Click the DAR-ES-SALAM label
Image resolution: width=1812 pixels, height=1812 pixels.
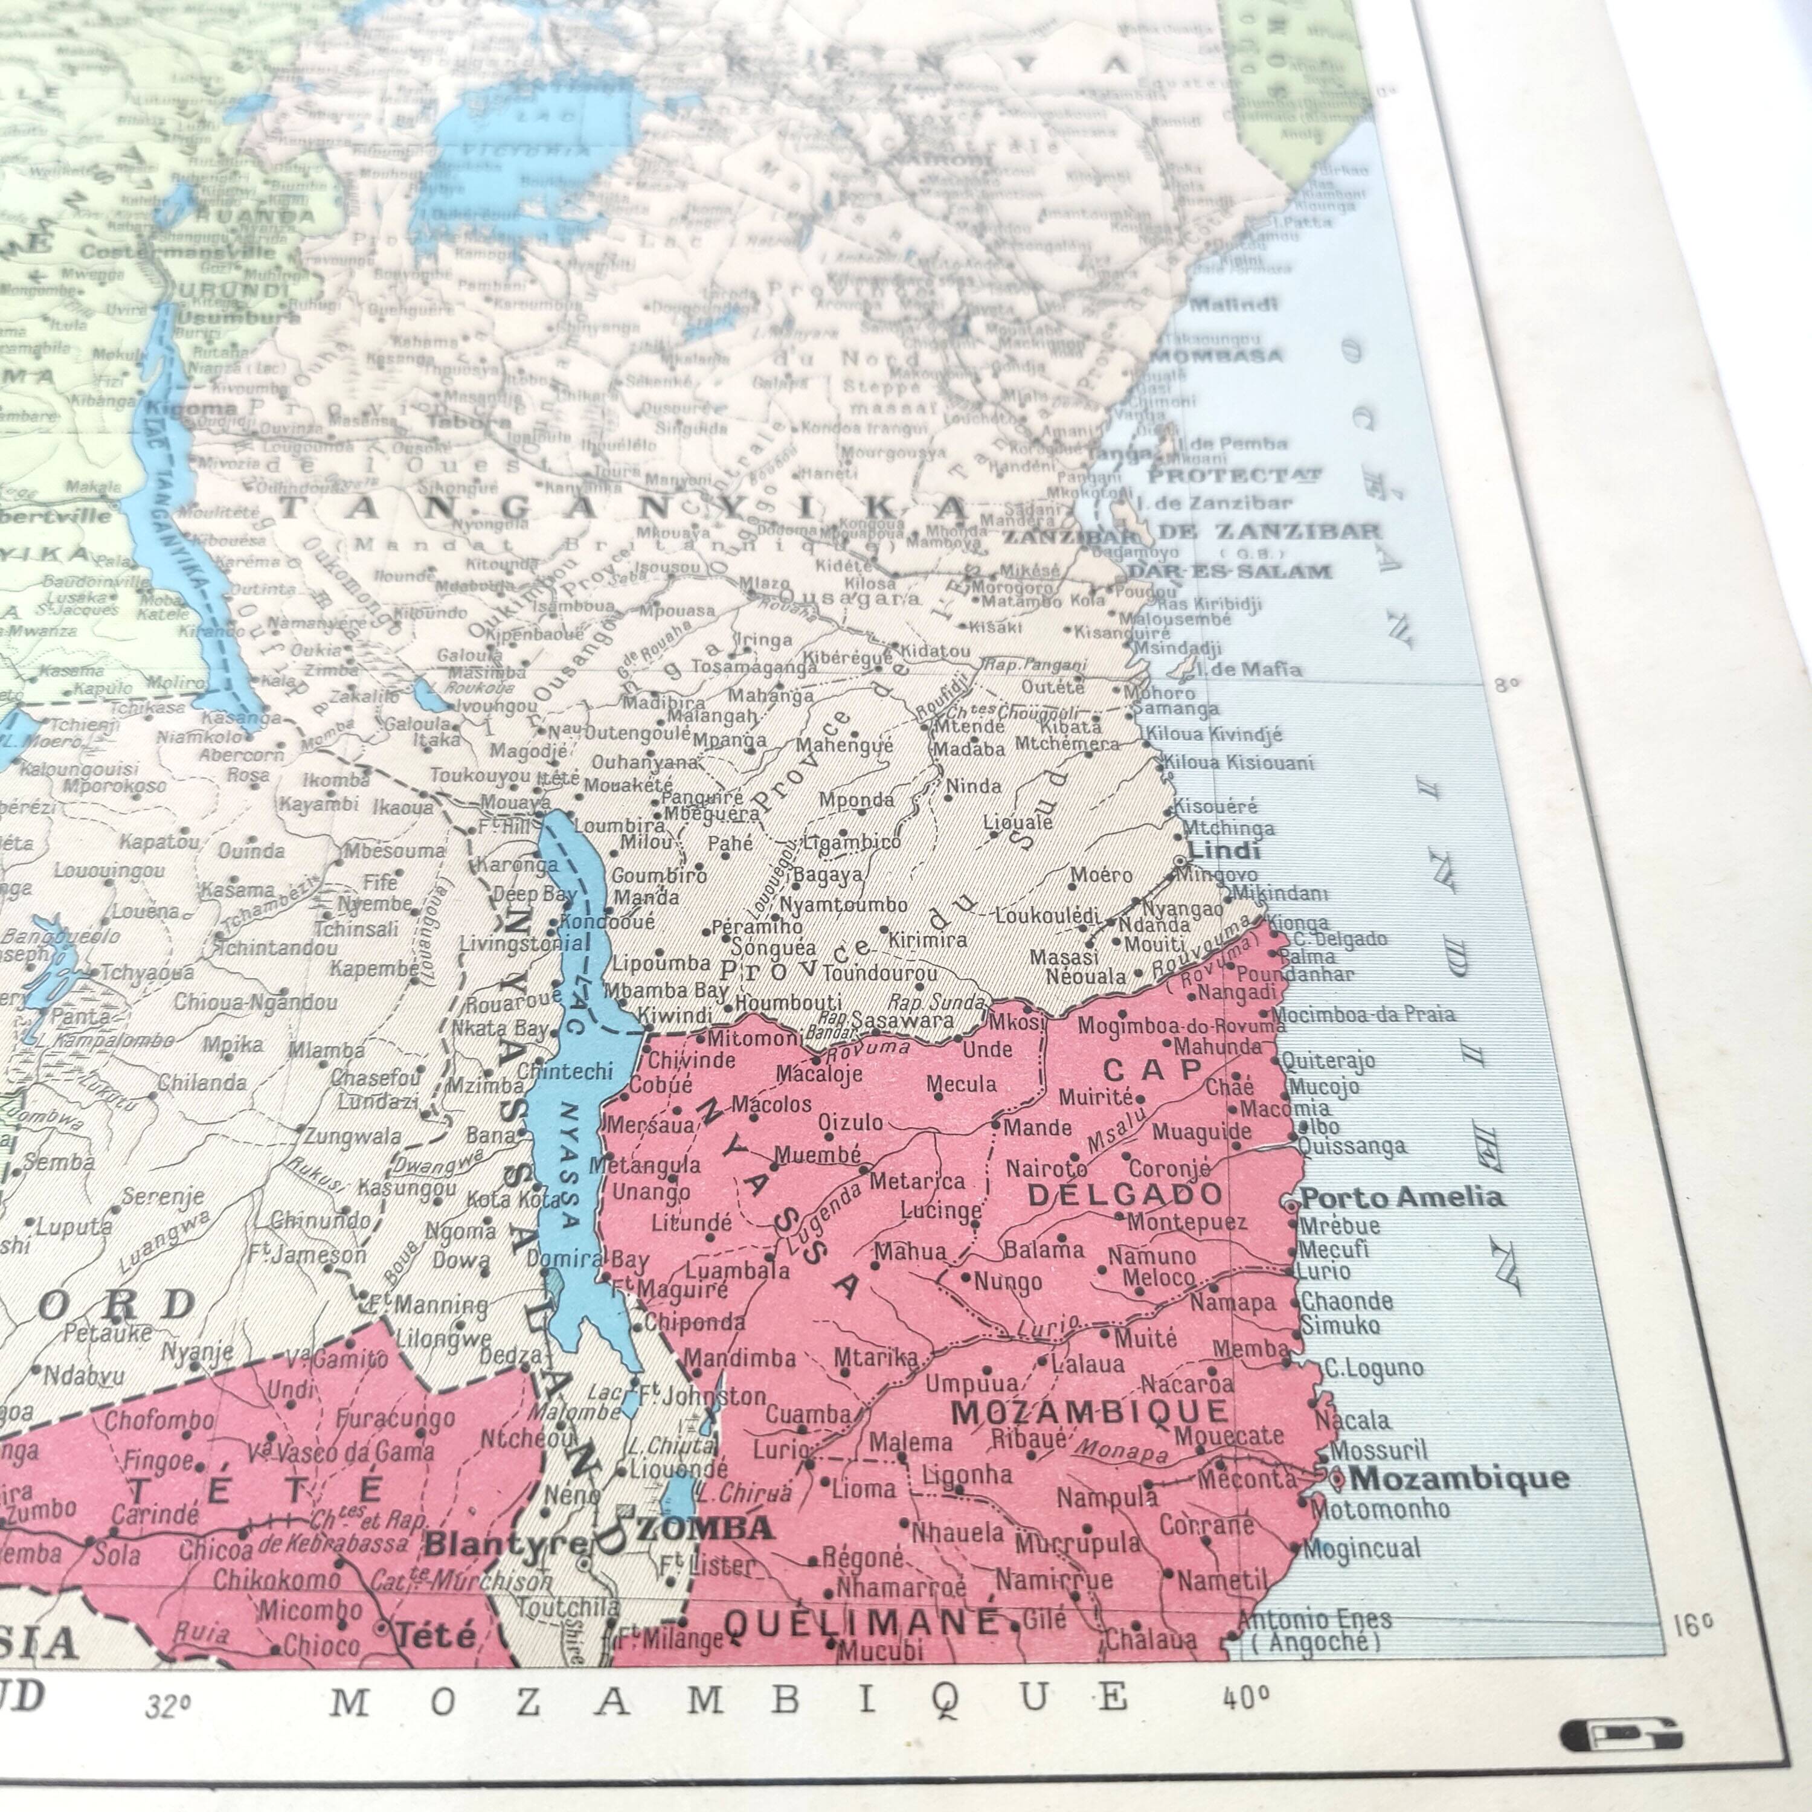tap(1230, 571)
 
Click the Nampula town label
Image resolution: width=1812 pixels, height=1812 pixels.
tap(1107, 1498)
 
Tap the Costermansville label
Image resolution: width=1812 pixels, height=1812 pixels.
tap(178, 252)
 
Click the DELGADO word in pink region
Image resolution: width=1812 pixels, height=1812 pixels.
tap(1125, 1194)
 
